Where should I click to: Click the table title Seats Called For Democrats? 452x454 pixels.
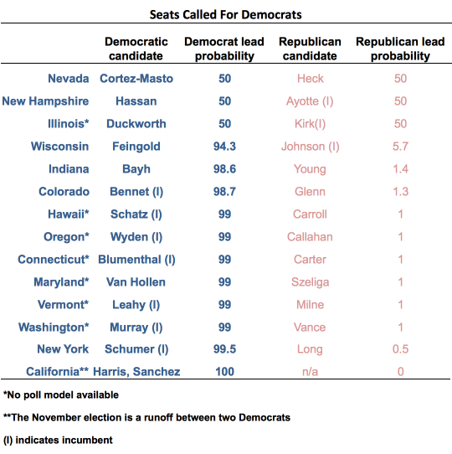(x=225, y=14)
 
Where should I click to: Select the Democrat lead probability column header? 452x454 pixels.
(x=224, y=49)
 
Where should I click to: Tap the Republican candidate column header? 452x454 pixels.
(x=310, y=49)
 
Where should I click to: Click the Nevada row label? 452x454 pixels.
(x=69, y=79)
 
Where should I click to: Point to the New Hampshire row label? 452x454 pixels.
(x=45, y=101)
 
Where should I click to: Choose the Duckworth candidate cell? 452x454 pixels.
(x=136, y=124)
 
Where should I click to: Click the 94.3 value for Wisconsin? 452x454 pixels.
(x=224, y=147)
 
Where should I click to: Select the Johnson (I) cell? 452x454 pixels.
(x=311, y=147)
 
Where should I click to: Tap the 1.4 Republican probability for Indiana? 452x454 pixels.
(x=400, y=169)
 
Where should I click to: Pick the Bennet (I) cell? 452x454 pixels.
(x=136, y=192)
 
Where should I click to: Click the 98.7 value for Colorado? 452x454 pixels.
(x=224, y=191)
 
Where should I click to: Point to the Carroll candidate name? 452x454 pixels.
(x=310, y=214)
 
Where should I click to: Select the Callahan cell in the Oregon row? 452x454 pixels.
(x=310, y=236)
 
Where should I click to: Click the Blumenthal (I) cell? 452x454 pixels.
(x=136, y=260)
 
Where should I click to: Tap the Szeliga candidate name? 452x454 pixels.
(x=311, y=282)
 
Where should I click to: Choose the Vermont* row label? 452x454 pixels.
(x=63, y=305)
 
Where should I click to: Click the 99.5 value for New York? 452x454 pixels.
(x=224, y=349)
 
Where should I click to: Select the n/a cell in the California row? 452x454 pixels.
(x=310, y=372)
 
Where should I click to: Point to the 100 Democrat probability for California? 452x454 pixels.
(x=224, y=371)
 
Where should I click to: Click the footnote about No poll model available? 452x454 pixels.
(x=61, y=395)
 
